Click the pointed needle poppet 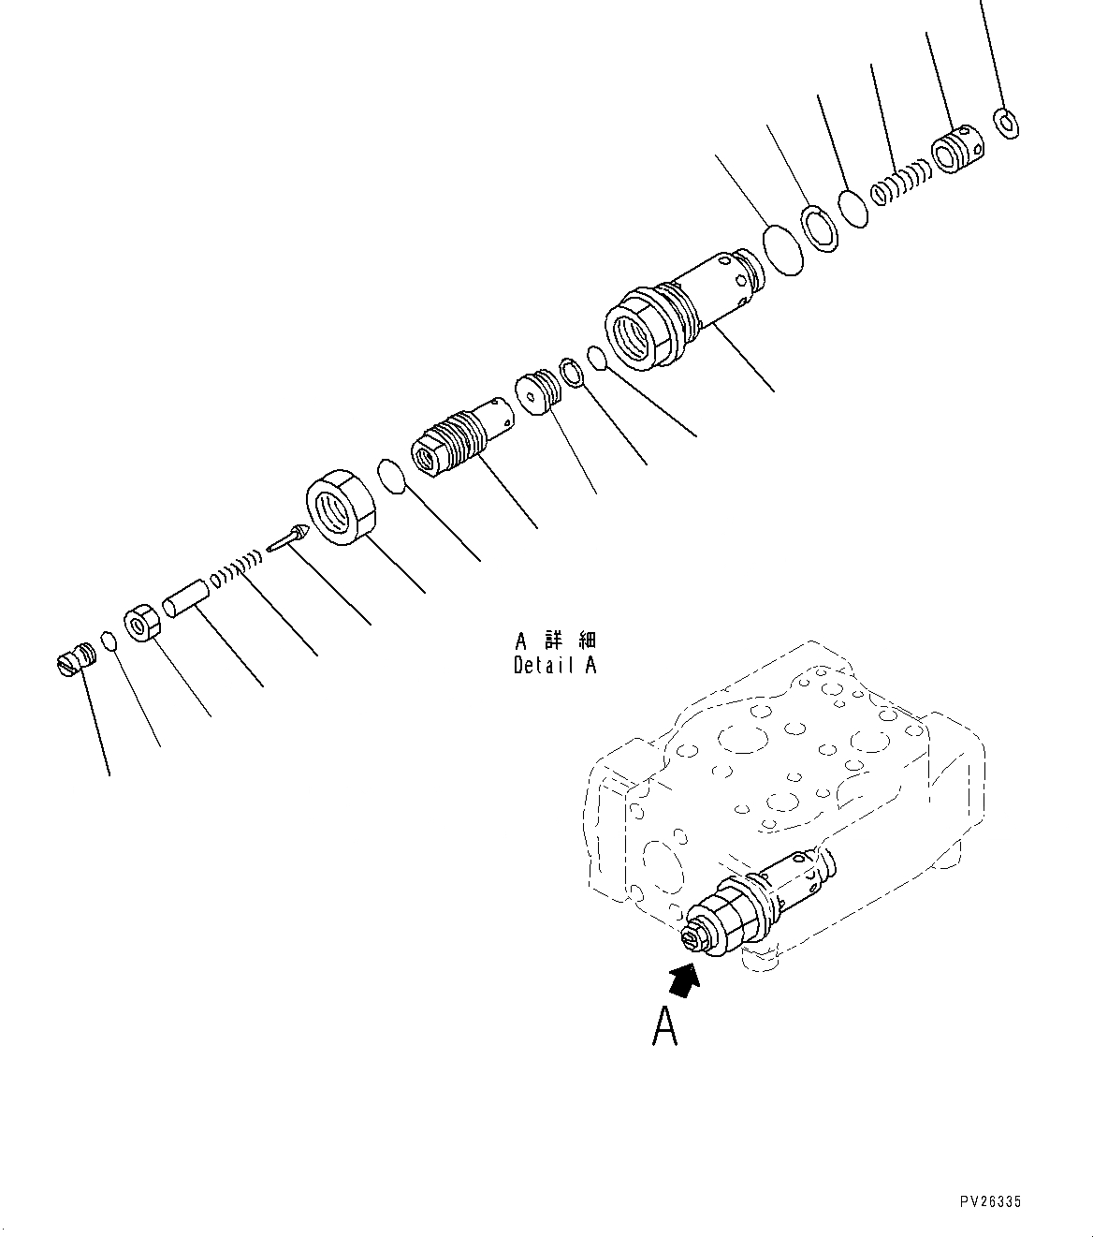coord(286,538)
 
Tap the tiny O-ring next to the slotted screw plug coord(109,641)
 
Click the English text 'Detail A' coord(554,665)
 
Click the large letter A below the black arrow coord(664,1027)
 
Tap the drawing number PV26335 coord(991,1200)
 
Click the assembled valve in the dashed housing coord(758,902)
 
